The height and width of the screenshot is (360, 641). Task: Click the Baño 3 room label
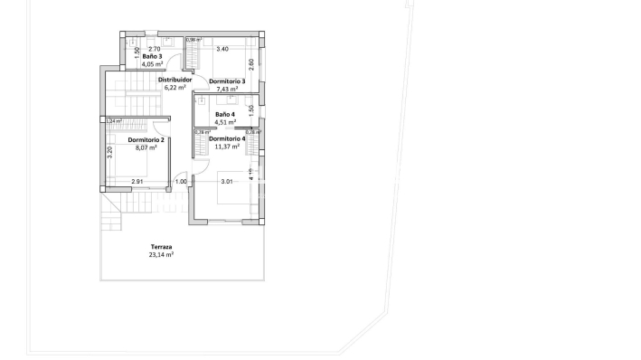(152, 56)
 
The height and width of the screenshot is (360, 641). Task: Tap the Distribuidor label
(174, 80)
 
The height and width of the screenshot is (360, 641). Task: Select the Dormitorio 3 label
(225, 81)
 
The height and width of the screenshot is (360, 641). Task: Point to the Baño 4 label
(225, 115)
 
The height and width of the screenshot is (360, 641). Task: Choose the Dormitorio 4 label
(226, 138)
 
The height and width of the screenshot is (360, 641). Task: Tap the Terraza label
(162, 247)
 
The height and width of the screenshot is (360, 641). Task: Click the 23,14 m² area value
(161, 255)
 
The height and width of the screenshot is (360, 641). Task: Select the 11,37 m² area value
(225, 147)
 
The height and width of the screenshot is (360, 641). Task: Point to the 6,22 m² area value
(174, 88)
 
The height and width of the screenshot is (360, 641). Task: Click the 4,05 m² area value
(152, 64)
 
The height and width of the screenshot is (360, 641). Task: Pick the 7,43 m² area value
(226, 90)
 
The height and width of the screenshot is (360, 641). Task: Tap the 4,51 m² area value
(225, 122)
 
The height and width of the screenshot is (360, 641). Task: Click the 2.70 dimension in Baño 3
(154, 49)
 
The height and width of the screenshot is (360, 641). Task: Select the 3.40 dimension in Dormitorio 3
(222, 49)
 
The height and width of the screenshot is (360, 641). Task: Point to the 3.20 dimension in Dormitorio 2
(109, 153)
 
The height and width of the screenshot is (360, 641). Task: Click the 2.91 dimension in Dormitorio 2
(137, 182)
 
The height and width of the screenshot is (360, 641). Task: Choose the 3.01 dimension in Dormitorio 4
(228, 182)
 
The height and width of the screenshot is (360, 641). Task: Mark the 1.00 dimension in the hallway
(181, 182)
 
